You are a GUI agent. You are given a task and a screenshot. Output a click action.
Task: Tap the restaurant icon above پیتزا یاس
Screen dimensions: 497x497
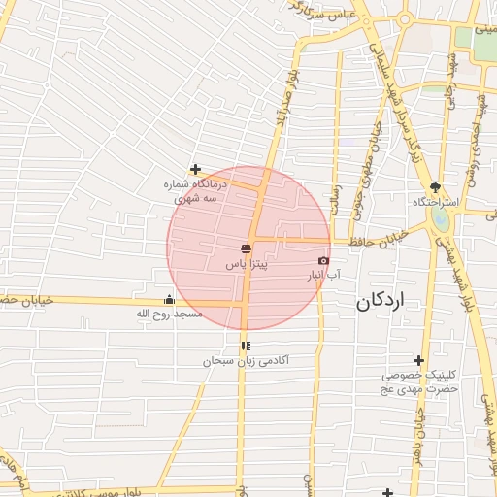(x=246, y=249)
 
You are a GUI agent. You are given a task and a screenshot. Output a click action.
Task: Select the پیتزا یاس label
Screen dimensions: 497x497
(x=247, y=263)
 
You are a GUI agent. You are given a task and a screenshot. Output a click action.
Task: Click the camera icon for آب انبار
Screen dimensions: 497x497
(x=323, y=260)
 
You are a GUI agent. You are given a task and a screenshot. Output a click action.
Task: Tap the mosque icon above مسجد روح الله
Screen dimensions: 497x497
(x=170, y=299)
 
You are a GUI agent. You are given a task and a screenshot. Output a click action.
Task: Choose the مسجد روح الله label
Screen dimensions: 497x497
(x=169, y=315)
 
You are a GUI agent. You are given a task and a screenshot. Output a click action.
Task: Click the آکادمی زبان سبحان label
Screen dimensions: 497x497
(x=246, y=360)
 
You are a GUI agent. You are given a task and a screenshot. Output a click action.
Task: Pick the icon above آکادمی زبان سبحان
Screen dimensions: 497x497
(x=246, y=345)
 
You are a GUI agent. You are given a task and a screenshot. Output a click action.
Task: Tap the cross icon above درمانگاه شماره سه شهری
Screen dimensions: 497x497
(x=195, y=169)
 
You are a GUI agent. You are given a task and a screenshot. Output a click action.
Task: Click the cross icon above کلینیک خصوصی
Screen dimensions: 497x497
(x=418, y=359)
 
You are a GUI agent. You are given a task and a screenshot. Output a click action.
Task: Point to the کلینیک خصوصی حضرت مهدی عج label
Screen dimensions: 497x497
(x=418, y=381)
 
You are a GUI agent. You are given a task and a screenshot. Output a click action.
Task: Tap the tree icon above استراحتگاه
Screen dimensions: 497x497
(x=435, y=187)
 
